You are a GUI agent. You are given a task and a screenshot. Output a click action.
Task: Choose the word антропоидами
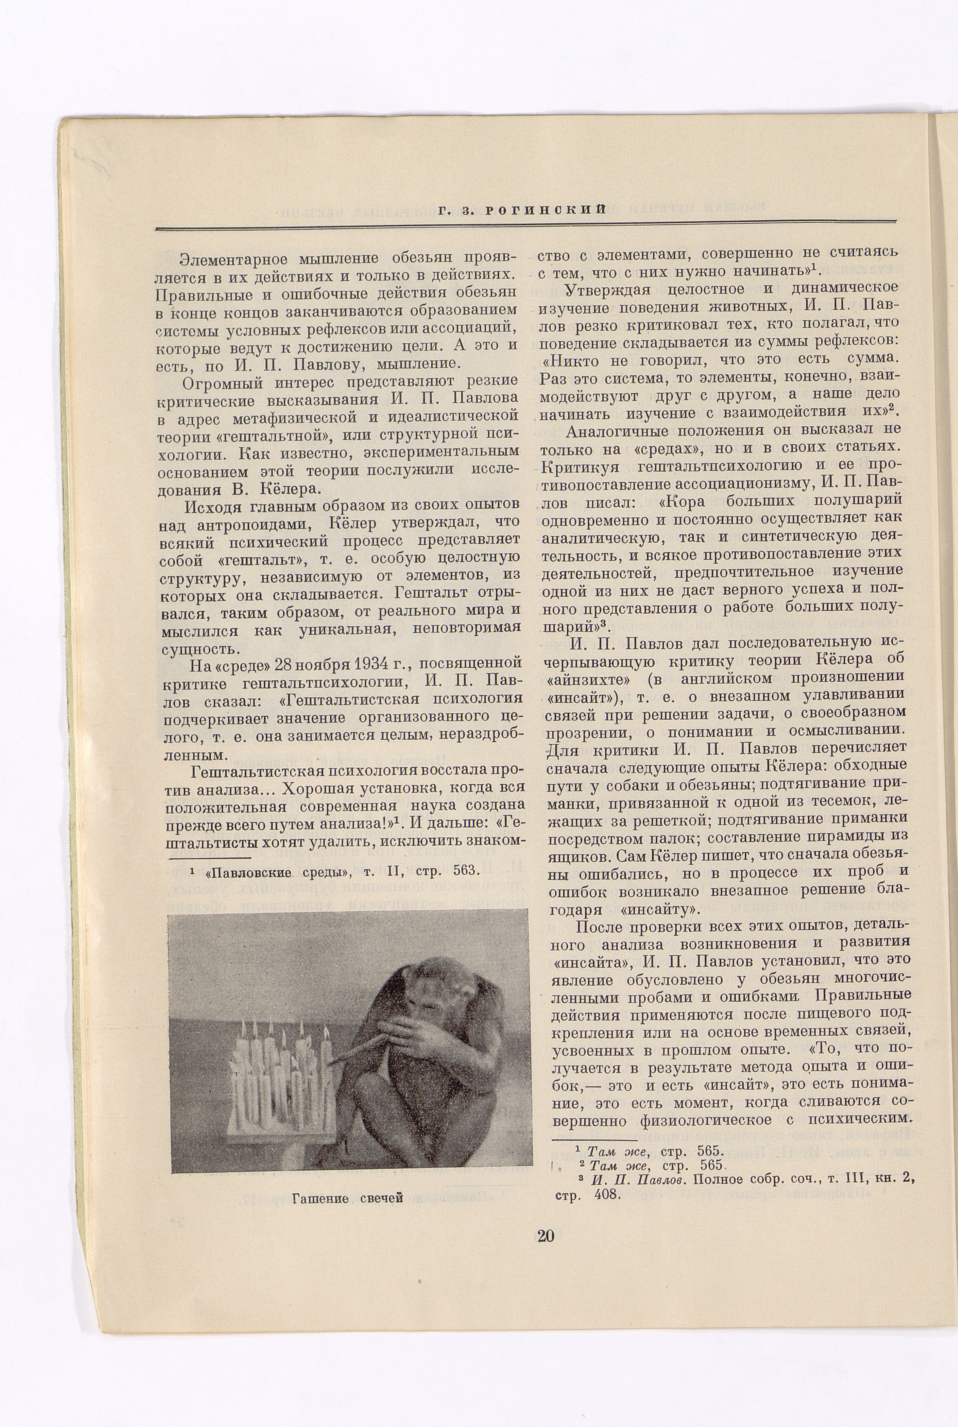click(x=257, y=523)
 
